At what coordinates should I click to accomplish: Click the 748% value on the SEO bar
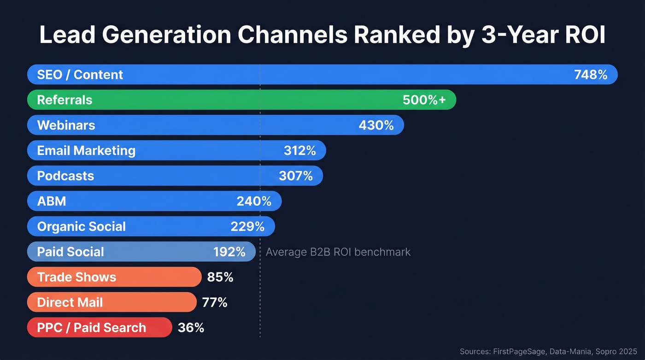click(x=591, y=75)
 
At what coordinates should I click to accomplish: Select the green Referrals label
click(x=64, y=100)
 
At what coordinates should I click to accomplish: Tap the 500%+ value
click(x=424, y=100)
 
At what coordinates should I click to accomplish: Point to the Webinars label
click(x=66, y=125)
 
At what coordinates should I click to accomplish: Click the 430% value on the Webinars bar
click(x=376, y=125)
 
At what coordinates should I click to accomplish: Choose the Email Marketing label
click(x=86, y=151)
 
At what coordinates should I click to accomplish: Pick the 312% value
click(x=299, y=151)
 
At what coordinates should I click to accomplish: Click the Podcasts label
click(x=65, y=176)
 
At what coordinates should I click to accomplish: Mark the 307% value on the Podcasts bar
click(x=296, y=176)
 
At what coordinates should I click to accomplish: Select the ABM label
click(x=52, y=201)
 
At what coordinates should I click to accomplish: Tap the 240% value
click(x=254, y=201)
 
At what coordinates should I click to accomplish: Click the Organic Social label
click(x=81, y=227)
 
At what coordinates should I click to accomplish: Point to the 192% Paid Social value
click(x=229, y=252)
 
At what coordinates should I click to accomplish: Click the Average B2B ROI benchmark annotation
click(x=338, y=252)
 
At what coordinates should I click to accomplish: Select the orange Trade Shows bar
click(x=114, y=277)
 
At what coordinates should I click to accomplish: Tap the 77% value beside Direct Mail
click(x=215, y=302)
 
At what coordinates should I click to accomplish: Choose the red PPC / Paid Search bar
click(x=99, y=328)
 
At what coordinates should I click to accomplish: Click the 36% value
click(x=191, y=328)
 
